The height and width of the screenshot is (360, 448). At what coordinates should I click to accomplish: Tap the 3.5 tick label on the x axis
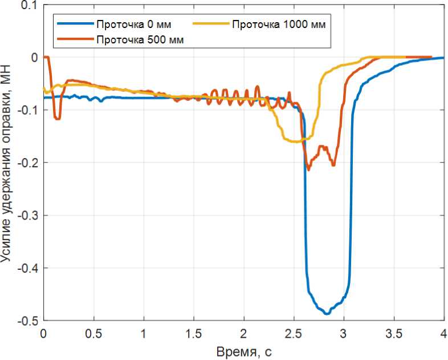tap(393, 333)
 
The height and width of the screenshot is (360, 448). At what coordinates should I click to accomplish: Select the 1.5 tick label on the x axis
tap(193, 333)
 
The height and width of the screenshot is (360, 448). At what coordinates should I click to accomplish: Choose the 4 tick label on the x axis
tap(443, 333)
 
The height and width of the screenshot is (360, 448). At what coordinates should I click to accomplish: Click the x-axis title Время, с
tap(243, 350)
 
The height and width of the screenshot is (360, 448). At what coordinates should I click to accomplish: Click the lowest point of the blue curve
tap(327, 314)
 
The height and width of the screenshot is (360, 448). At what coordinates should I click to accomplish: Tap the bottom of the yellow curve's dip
tap(295, 141)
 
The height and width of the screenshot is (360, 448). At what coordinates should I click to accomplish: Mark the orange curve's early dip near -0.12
tap(57, 119)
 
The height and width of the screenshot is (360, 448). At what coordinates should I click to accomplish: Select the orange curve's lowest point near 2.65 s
tap(309, 169)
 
